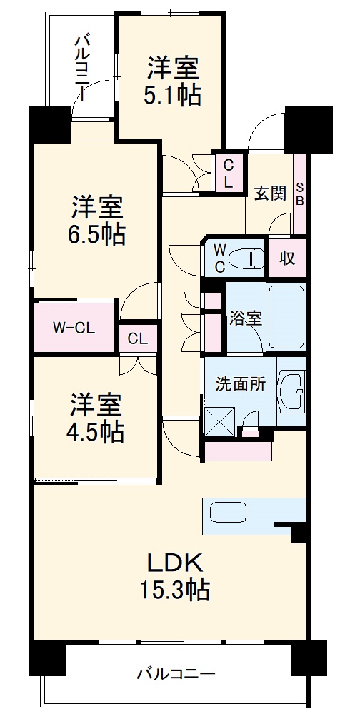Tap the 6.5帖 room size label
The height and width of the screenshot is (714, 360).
pyautogui.click(x=98, y=233)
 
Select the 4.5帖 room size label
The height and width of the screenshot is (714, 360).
pyautogui.click(x=97, y=431)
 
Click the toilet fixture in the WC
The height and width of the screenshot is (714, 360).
pyautogui.click(x=246, y=256)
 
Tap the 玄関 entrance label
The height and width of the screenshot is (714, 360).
pyautogui.click(x=270, y=193)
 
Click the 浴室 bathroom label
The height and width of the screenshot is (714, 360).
pyautogui.click(x=245, y=318)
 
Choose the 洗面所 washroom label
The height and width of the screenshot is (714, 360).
pyautogui.click(x=241, y=383)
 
